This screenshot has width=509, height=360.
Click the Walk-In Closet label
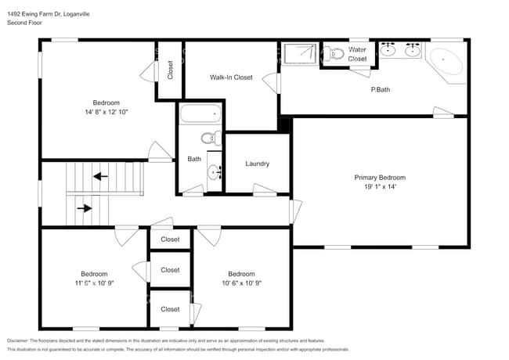[231, 77]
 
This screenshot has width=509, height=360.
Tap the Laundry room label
[258, 164]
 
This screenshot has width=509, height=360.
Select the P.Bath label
[381, 90]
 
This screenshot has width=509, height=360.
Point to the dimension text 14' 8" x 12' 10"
[106, 113]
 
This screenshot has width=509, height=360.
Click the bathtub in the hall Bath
[200, 114]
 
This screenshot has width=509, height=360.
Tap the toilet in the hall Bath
[208, 139]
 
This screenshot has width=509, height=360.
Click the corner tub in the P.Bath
[446, 63]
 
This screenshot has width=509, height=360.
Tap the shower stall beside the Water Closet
[301, 54]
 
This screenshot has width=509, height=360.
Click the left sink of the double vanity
[388, 51]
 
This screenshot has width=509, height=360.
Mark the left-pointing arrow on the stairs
[100, 176]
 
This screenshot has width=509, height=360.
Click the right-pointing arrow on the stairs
[83, 208]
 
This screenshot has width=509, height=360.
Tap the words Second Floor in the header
[25, 23]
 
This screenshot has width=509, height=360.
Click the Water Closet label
[357, 54]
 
